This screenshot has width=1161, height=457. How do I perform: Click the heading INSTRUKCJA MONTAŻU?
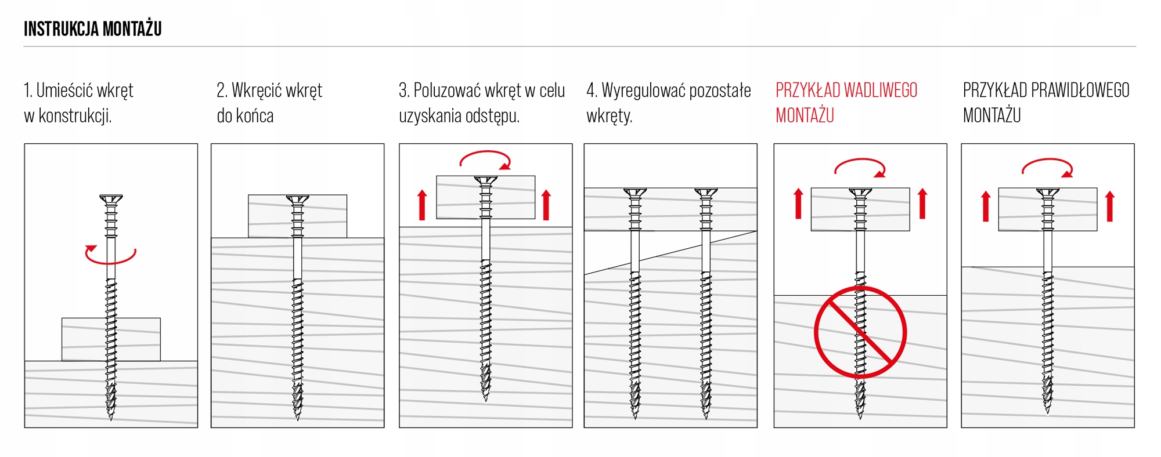click(93, 28)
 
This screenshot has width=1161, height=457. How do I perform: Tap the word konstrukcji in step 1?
click(74, 116)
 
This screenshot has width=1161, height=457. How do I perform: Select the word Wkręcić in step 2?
click(255, 90)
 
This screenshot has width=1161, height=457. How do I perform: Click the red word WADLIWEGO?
click(880, 90)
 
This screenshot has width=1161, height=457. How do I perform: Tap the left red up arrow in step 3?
click(422, 205)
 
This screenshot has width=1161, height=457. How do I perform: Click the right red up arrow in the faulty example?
click(922, 204)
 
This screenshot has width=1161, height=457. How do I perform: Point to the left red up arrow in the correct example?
click(986, 206)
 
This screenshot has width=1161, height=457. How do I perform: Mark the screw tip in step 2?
click(298, 419)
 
